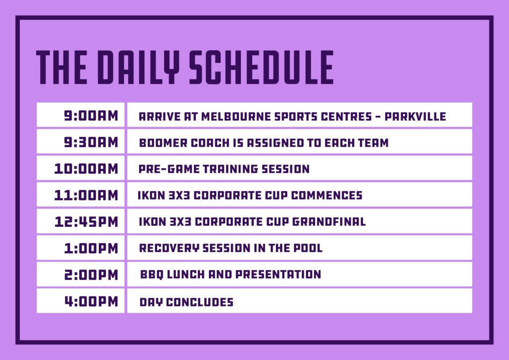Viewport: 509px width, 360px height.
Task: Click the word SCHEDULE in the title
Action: (261, 67)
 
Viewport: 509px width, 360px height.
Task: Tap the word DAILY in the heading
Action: (139, 67)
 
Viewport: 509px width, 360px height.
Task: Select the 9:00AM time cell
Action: (81, 115)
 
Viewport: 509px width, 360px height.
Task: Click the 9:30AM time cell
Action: (81, 142)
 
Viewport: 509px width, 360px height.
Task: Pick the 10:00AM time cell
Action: (81, 168)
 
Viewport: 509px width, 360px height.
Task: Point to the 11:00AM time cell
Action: (81, 195)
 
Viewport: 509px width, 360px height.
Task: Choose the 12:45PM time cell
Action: (81, 221)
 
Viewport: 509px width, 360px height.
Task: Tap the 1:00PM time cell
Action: (81, 248)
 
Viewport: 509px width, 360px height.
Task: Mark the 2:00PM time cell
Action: (81, 274)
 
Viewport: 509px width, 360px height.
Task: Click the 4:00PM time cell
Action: (81, 301)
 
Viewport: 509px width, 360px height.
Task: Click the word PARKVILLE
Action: (415, 116)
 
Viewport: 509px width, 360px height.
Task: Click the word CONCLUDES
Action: (200, 302)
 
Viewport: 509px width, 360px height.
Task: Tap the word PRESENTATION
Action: (278, 274)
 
